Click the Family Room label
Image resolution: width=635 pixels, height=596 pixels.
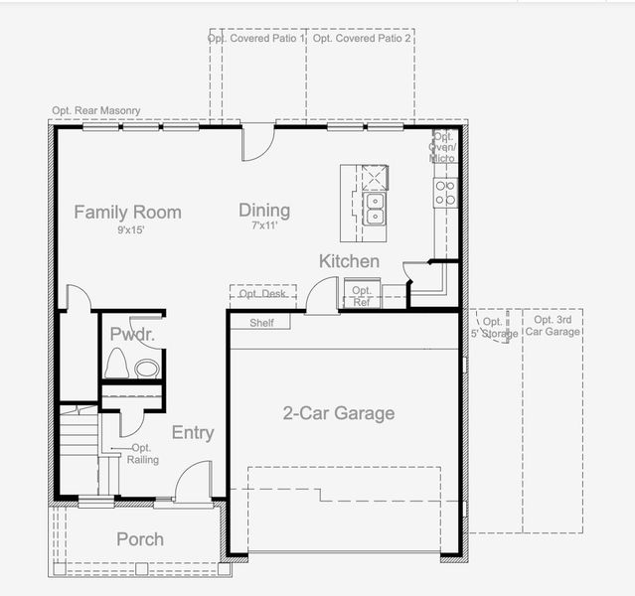(x=127, y=213)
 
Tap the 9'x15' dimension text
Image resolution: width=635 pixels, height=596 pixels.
(x=131, y=230)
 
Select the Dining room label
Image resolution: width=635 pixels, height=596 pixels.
(x=264, y=211)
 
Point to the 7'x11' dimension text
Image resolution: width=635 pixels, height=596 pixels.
(x=264, y=225)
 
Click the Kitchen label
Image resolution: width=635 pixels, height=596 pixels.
(x=349, y=261)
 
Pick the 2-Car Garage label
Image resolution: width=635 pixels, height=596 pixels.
(x=339, y=413)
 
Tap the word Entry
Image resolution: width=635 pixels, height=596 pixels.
(x=193, y=433)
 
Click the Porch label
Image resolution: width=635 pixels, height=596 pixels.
(x=140, y=539)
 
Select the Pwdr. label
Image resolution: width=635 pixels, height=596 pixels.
(x=132, y=335)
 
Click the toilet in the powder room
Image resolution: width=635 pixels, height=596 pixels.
(x=116, y=364)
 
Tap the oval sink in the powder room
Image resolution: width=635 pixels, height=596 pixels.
(x=147, y=369)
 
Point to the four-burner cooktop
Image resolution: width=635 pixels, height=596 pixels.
(x=445, y=193)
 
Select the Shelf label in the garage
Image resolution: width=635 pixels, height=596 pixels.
(x=261, y=323)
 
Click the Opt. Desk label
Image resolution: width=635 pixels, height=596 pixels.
(x=262, y=293)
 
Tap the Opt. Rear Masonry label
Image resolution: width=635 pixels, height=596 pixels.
(x=96, y=110)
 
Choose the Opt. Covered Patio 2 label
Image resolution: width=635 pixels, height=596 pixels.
(x=362, y=38)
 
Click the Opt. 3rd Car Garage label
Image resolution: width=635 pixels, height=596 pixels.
(x=553, y=326)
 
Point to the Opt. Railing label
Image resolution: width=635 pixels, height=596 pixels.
(x=142, y=454)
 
